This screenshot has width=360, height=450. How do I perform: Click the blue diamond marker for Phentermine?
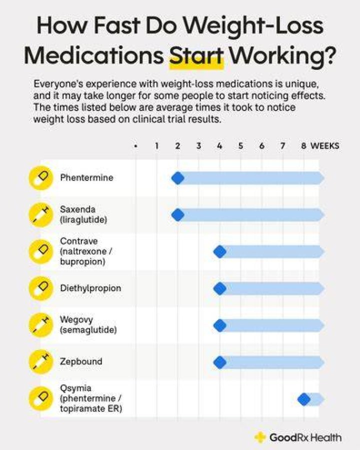177,178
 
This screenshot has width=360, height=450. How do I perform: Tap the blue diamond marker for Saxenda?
177,215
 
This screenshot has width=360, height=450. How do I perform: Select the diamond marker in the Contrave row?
220,251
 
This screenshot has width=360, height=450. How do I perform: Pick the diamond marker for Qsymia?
304,399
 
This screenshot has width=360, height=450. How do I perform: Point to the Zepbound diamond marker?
220,362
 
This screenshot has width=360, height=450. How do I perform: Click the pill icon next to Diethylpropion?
41,288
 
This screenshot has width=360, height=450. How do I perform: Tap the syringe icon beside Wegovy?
41,325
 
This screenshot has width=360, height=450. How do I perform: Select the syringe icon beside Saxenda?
41,214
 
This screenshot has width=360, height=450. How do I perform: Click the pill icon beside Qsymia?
41,398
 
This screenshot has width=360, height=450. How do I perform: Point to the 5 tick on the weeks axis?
240,146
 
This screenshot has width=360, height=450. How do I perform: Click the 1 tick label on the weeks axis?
156,146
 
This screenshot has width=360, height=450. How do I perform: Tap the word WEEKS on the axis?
324,146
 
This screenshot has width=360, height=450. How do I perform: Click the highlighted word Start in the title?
196,55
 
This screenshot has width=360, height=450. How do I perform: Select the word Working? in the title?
282,56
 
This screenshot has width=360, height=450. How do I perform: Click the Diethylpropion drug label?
90,288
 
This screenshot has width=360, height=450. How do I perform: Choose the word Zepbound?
81,361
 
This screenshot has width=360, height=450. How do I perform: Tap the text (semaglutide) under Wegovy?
88,330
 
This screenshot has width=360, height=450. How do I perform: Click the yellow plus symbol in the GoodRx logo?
260,437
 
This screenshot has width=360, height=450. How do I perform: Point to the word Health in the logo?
326,437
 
